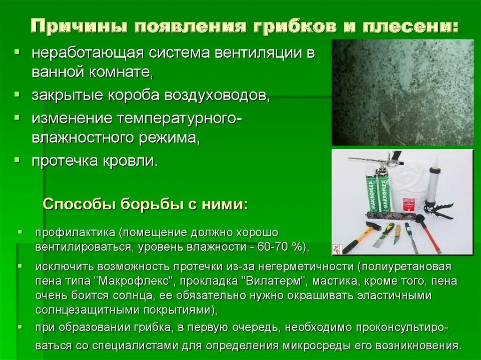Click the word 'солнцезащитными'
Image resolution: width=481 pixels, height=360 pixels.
click(x=85, y=311)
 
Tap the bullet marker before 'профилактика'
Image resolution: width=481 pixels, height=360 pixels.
click(x=20, y=232)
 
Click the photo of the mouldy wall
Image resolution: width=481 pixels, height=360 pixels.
click(x=403, y=92)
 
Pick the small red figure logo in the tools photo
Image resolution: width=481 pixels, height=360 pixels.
click(x=337, y=248)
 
